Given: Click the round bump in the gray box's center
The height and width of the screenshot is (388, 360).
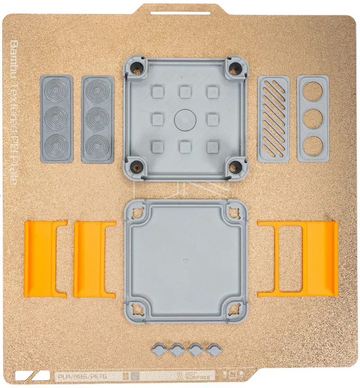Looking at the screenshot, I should tap(185, 119).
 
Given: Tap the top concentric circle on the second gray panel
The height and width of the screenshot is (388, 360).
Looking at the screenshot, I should tap(97, 92).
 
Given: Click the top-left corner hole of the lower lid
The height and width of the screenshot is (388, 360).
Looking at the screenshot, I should tap(137, 211).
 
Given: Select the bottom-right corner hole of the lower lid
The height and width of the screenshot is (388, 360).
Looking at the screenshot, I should tap(234, 310).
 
